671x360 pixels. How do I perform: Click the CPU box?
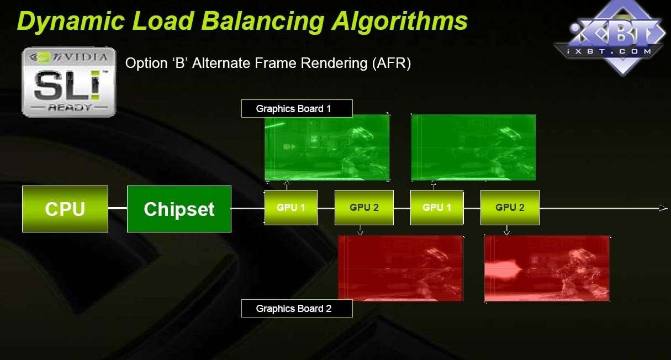(65, 209)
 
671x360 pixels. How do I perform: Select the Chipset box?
(179, 209)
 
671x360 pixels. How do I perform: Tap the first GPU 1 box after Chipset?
(291, 207)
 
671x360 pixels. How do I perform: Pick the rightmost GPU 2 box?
(510, 207)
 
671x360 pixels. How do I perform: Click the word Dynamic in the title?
(71, 22)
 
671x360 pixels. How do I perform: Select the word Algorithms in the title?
(400, 22)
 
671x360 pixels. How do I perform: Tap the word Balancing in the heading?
(263, 22)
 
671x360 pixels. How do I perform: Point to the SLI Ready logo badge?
(69, 82)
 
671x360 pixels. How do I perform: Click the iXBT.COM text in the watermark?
(609, 51)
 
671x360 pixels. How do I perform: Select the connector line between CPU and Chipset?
(118, 208)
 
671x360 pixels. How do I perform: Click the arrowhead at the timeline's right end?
(663, 208)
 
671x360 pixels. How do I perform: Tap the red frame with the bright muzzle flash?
(547, 269)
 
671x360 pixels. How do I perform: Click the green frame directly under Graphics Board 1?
(327, 147)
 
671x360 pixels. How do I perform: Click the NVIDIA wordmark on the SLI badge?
(80, 57)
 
